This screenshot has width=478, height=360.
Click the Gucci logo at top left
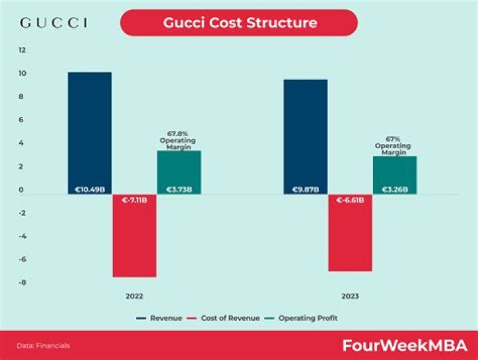tap(54, 23)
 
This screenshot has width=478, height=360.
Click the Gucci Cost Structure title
tap(239, 23)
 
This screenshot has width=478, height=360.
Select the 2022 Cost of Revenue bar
tap(134, 239)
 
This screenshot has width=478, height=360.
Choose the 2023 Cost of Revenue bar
tap(350, 236)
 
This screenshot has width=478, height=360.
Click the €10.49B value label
tap(90, 189)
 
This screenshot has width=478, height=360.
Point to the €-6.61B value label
tap(350, 200)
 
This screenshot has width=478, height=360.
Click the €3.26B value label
tap(395, 189)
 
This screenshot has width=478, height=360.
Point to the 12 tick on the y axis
tap(22, 50)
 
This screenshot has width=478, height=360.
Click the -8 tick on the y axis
tap(22, 283)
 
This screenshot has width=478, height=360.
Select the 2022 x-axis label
tap(134, 296)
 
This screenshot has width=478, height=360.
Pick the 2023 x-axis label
tap(350, 296)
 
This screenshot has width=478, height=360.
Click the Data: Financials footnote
tap(43, 345)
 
